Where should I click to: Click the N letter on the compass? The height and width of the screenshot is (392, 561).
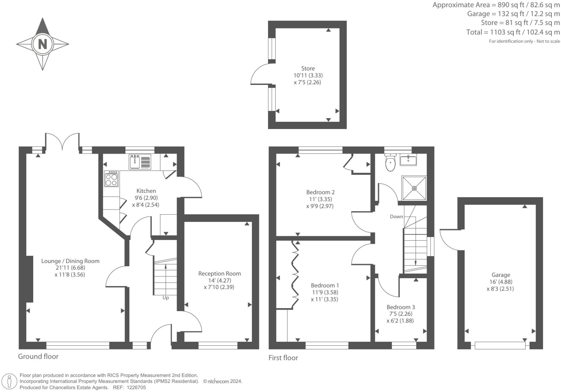point(43,44)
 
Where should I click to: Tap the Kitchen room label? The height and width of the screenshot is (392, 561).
point(146,191)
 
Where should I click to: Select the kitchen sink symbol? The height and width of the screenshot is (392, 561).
point(135,161)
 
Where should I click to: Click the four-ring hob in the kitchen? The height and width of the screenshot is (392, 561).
point(111,179)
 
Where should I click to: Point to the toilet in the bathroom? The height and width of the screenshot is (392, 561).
point(390,164)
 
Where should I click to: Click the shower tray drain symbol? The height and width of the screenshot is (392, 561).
point(414,188)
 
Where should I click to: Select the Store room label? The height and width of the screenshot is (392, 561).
point(308,68)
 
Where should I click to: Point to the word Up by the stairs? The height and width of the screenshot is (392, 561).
point(165,298)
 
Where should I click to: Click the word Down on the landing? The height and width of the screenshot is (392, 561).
point(396,217)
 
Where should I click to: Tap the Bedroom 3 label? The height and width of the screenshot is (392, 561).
point(400,307)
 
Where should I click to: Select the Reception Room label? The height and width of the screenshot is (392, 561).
point(219,273)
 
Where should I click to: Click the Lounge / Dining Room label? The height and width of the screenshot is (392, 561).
point(70,261)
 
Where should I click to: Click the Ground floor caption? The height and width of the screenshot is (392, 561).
point(38,357)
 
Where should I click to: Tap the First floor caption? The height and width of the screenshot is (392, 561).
point(283,358)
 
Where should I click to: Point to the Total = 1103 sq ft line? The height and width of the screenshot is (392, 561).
point(513,32)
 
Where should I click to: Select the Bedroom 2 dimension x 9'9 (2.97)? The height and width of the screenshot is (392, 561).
point(319,206)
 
